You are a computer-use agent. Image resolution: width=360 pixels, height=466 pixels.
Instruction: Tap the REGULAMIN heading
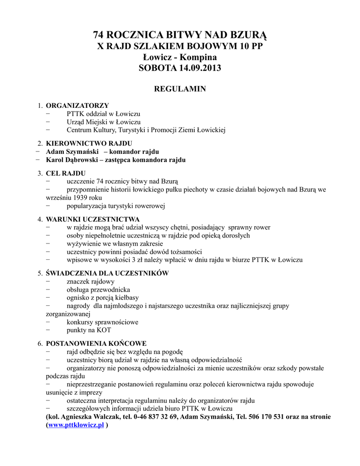point(180,89)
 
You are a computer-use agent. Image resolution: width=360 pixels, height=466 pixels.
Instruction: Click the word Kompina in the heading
point(198,57)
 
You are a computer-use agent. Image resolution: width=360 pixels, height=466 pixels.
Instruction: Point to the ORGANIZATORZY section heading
point(77,106)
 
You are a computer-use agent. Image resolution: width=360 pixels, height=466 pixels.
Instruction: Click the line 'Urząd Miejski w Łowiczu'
point(103,122)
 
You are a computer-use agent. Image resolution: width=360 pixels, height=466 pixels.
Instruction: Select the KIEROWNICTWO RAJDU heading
point(89,143)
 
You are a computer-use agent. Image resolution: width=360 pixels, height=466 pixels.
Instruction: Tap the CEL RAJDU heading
point(66,173)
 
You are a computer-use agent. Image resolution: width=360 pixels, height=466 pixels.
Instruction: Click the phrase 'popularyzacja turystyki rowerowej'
point(116,206)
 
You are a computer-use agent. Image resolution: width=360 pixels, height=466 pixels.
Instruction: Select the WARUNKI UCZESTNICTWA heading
point(93,219)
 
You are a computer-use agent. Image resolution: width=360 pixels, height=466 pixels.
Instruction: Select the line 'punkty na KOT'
point(88,330)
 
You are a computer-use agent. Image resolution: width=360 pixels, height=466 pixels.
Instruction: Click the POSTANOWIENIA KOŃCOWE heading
point(96,343)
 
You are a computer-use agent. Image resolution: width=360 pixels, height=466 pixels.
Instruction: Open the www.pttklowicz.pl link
point(76,425)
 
